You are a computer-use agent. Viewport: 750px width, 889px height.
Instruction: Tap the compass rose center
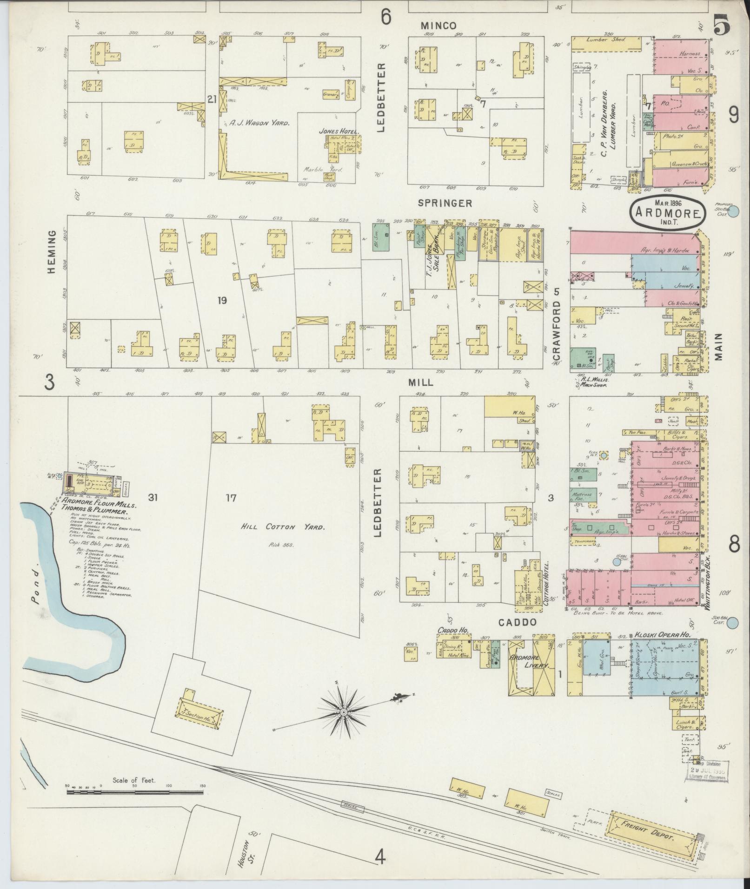point(344,712)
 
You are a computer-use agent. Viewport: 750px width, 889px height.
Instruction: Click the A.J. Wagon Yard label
point(259,123)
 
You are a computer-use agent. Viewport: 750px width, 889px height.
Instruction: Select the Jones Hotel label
point(334,131)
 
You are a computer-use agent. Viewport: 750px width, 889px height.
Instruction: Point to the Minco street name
point(438,26)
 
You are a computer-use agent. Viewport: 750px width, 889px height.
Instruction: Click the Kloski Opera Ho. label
point(662,634)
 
